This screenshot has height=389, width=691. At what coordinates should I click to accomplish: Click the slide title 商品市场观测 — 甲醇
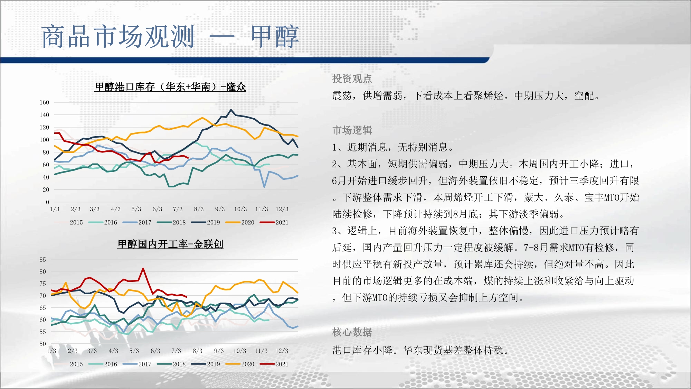[170, 37]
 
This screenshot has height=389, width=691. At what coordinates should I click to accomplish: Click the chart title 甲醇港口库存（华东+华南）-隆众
[170, 87]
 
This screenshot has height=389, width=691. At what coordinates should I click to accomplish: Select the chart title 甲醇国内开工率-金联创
[170, 244]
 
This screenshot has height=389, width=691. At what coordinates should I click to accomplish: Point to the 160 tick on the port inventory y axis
[44, 102]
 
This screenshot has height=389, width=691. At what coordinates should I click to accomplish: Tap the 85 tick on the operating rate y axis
[42, 260]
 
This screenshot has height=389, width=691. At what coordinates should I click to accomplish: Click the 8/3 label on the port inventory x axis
[199, 209]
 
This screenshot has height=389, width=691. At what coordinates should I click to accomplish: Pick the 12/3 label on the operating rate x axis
[282, 351]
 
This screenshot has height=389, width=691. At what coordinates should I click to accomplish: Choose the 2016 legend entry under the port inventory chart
[103, 222]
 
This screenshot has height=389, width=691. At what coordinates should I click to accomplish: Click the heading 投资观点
[352, 79]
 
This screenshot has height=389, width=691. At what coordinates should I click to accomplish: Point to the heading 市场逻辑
[352, 130]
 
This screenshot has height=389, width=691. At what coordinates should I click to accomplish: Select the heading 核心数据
[352, 332]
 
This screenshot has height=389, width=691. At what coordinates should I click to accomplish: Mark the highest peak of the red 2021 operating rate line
[143, 268]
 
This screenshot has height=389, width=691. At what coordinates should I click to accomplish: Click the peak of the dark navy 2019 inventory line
[231, 110]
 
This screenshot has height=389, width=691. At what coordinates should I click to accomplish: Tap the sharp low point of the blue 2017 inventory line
[264, 187]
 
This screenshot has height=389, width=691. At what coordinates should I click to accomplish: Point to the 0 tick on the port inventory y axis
[47, 202]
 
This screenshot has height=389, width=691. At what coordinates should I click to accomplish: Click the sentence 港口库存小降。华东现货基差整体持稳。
[421, 350]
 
